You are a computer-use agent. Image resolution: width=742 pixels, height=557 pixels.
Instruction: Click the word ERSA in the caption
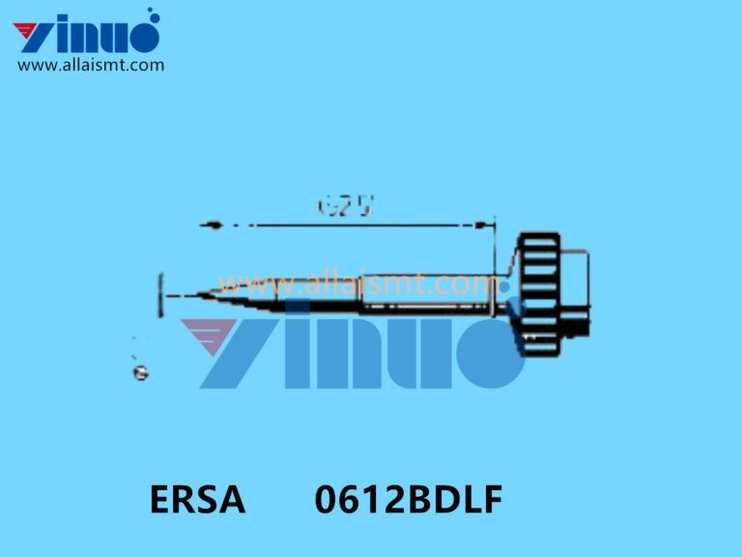197,501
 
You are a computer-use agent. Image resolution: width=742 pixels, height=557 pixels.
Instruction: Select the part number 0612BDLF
408,501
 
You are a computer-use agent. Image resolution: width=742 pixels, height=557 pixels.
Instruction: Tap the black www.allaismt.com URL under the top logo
91,66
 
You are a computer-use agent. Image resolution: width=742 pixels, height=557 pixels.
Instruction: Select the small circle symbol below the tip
141,372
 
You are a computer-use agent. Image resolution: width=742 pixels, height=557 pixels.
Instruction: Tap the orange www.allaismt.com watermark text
357,284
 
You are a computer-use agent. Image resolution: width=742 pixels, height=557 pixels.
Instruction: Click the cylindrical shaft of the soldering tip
425,294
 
